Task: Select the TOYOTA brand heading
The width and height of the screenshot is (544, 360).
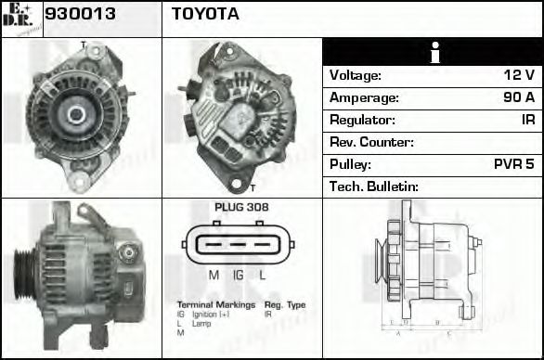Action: pyautogui.click(x=206, y=15)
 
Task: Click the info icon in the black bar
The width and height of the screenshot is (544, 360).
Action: pyautogui.click(x=434, y=52)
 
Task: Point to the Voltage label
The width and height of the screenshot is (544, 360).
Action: pyautogui.click(x=356, y=75)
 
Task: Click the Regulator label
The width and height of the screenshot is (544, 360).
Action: pyautogui.click(x=362, y=120)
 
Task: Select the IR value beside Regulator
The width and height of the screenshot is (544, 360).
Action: pyautogui.click(x=526, y=120)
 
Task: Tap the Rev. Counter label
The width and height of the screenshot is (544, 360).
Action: pyautogui.click(x=371, y=142)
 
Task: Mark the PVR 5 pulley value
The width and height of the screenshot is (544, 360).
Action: pyautogui.click(x=513, y=164)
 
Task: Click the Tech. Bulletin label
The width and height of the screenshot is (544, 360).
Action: pyautogui.click(x=374, y=186)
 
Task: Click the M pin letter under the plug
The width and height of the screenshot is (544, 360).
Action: pyautogui.click(x=214, y=276)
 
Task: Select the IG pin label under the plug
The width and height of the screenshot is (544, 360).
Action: pyautogui.click(x=239, y=276)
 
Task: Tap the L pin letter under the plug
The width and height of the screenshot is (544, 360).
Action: pyautogui.click(x=263, y=276)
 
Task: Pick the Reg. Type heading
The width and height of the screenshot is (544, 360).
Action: pyautogui.click(x=285, y=304)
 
